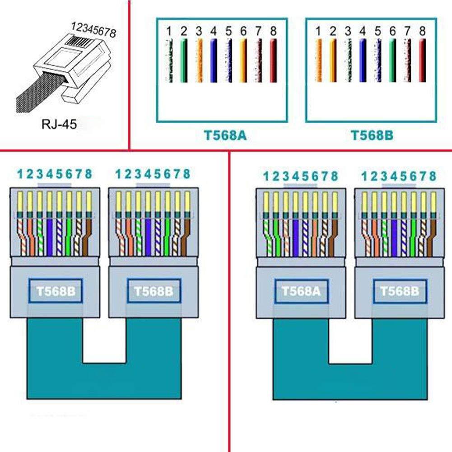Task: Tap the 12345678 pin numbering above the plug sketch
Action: click(x=93, y=30)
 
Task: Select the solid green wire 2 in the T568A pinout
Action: click(x=183, y=61)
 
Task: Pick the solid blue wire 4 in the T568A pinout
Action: click(x=214, y=61)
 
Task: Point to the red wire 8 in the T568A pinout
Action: click(x=273, y=61)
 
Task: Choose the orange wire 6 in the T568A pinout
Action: click(x=243, y=61)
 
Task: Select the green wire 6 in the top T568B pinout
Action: click(x=392, y=61)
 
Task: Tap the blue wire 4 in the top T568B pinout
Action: click(x=363, y=61)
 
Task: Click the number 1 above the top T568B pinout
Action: click(x=318, y=32)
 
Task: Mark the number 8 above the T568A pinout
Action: click(x=273, y=32)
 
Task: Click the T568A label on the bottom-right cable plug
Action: click(x=301, y=292)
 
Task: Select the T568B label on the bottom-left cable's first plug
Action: click(x=56, y=291)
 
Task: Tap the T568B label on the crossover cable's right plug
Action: click(x=400, y=292)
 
